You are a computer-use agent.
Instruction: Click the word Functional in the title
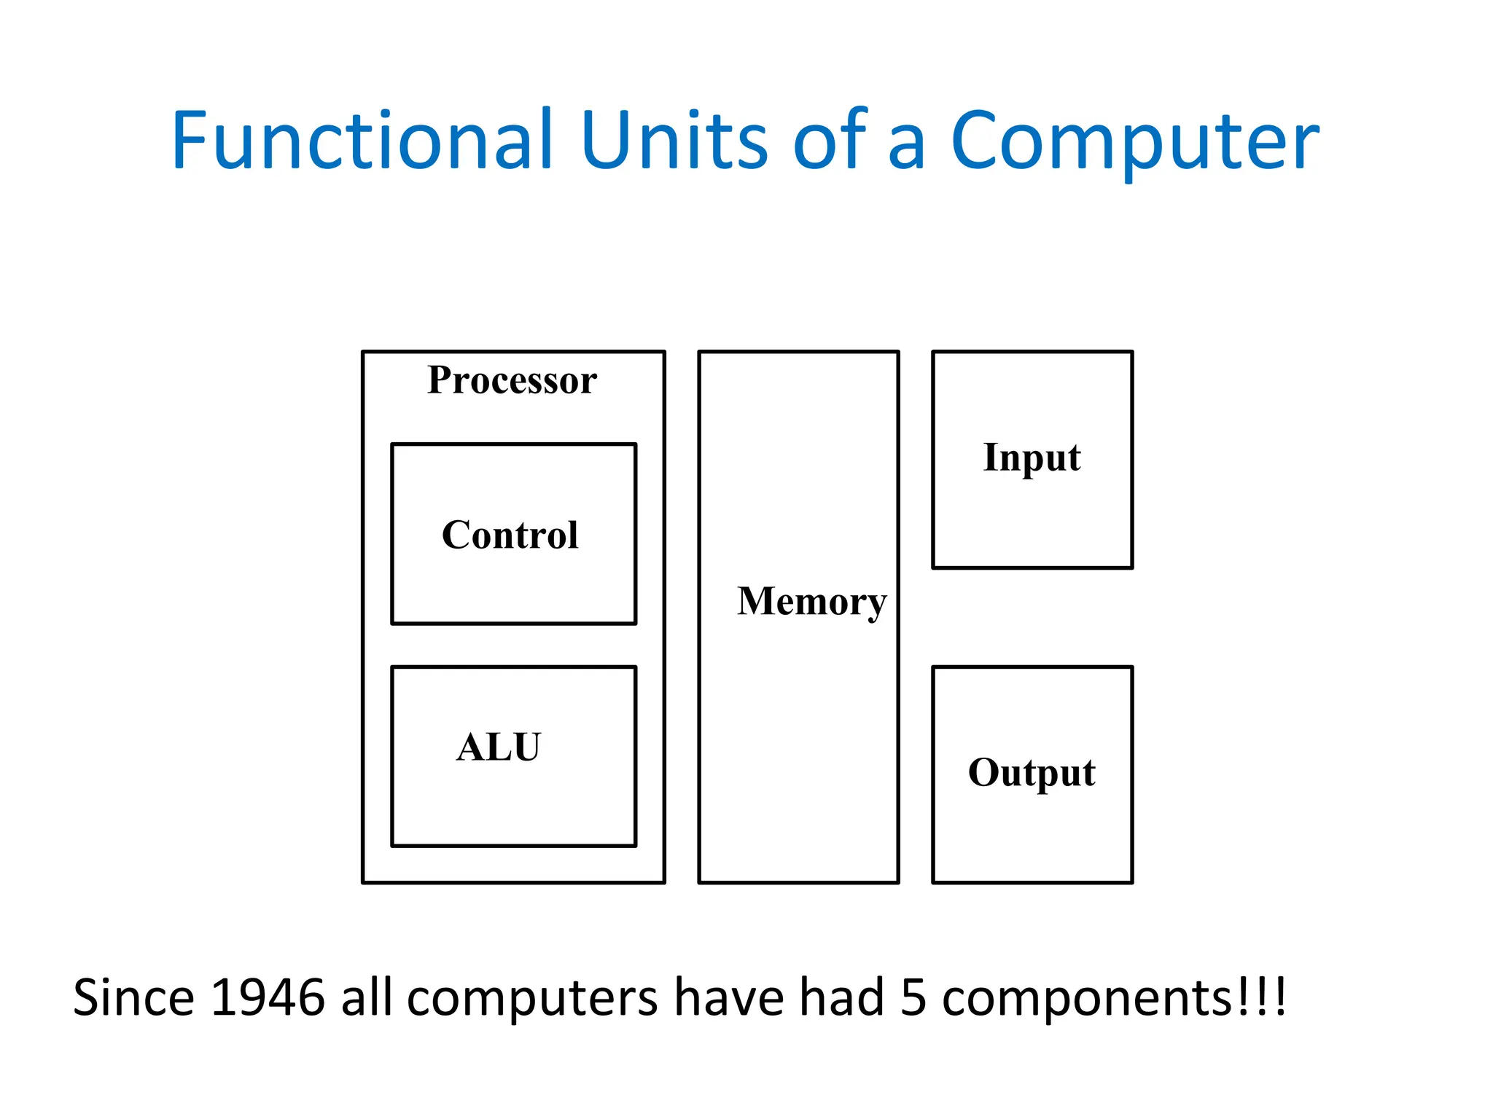pyautogui.click(x=362, y=140)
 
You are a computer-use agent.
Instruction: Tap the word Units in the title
pyautogui.click(x=674, y=140)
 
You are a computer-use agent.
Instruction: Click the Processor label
pyautogui.click(x=512, y=380)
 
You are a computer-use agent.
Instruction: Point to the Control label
pyautogui.click(x=510, y=535)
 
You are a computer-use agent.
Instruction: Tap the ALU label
pyautogui.click(x=499, y=747)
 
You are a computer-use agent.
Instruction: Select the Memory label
pyautogui.click(x=811, y=602)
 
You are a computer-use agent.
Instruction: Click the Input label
pyautogui.click(x=1032, y=459)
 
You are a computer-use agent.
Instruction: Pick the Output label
pyautogui.click(x=1032, y=774)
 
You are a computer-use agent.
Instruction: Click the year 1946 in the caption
pyautogui.click(x=268, y=998)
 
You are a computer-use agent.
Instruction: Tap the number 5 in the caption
pyautogui.click(x=913, y=998)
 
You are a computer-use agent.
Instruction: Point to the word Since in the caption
pyautogui.click(x=133, y=998)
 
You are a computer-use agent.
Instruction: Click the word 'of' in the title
pyautogui.click(x=830, y=140)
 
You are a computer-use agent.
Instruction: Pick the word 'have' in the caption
pyautogui.click(x=728, y=998)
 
